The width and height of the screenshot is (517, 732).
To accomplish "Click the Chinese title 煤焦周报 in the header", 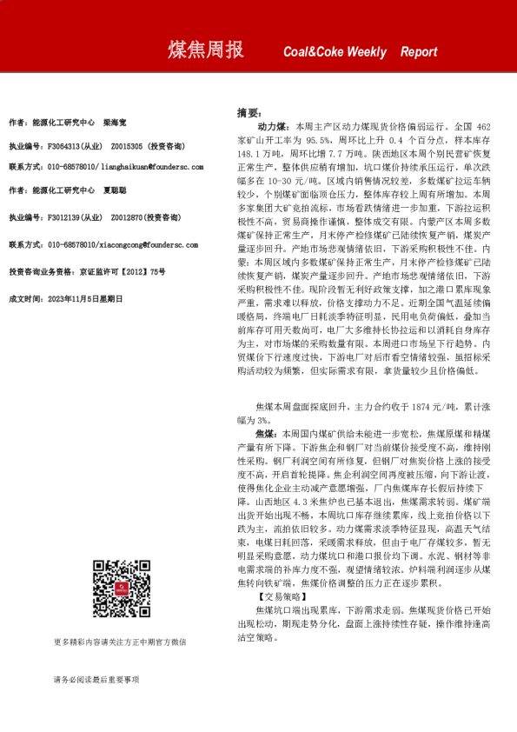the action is point(205,51).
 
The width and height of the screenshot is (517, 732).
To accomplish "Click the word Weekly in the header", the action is point(366,52).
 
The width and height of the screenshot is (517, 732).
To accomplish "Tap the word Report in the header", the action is point(419,52).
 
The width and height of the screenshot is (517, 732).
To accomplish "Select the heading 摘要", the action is point(248,113).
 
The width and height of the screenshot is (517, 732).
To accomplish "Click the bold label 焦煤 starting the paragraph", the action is point(266,432).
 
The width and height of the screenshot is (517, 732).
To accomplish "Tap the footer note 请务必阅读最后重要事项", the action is point(96,679).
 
